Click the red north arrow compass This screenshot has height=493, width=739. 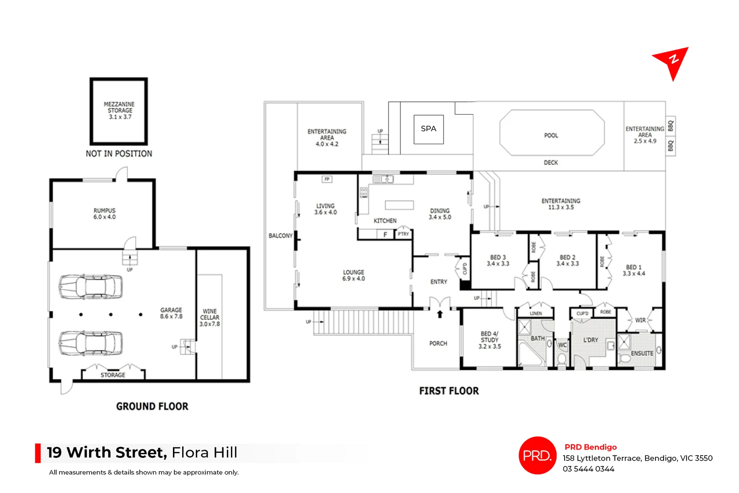(672, 62)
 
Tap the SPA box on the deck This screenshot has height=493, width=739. (429, 129)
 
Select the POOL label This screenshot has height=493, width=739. (551, 136)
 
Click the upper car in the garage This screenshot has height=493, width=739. (90, 287)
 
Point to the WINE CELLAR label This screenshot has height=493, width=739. (210, 317)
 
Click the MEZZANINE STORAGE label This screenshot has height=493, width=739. (120, 110)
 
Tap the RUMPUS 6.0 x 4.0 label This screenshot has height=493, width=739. (105, 214)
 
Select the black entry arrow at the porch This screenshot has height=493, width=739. (440, 314)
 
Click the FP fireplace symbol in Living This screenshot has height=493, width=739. (327, 179)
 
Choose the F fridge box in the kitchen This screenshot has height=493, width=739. (385, 235)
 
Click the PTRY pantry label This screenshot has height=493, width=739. (403, 234)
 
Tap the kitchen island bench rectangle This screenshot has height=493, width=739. (399, 205)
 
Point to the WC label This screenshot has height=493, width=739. (562, 345)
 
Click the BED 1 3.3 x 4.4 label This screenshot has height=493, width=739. (634, 270)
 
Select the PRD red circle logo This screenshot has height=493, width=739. (537, 456)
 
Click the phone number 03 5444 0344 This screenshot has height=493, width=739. (588, 469)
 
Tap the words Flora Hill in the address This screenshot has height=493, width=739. (204, 452)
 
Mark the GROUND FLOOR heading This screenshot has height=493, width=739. (152, 406)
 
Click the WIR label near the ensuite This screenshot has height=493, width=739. (640, 320)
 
